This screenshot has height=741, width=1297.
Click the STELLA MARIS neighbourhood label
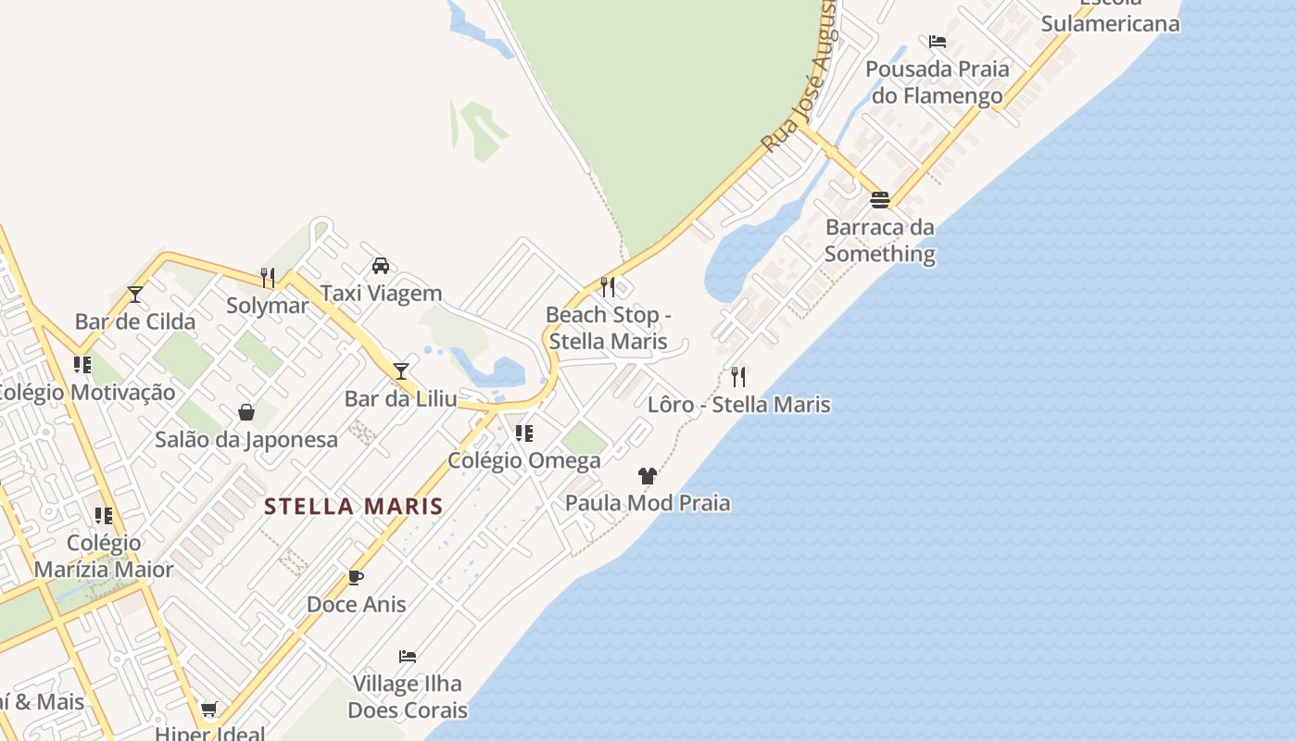click(x=353, y=507)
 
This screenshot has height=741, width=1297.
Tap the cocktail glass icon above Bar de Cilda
click(x=135, y=295)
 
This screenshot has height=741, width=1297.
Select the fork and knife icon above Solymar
click(x=268, y=277)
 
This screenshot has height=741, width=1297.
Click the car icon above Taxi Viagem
click(x=381, y=266)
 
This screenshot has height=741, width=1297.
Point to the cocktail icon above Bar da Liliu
click(x=401, y=371)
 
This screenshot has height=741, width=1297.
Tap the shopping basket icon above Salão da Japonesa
click(x=246, y=411)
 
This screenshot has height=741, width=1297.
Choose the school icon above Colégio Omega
click(x=524, y=433)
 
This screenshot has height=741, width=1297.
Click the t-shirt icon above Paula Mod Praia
click(x=648, y=476)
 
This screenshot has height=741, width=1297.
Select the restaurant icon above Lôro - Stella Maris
click(x=738, y=377)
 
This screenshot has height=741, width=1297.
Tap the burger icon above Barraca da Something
click(x=880, y=199)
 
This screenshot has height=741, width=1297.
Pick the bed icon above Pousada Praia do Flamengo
click(x=938, y=42)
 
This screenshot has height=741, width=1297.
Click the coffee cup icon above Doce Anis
click(x=356, y=577)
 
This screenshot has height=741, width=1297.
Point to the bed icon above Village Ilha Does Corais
click(x=408, y=657)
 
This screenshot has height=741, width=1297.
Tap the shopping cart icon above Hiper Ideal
click(x=209, y=710)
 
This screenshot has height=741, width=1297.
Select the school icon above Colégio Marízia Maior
click(x=104, y=516)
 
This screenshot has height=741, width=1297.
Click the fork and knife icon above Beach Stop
click(x=608, y=287)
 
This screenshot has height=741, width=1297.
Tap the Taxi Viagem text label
click(x=381, y=294)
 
